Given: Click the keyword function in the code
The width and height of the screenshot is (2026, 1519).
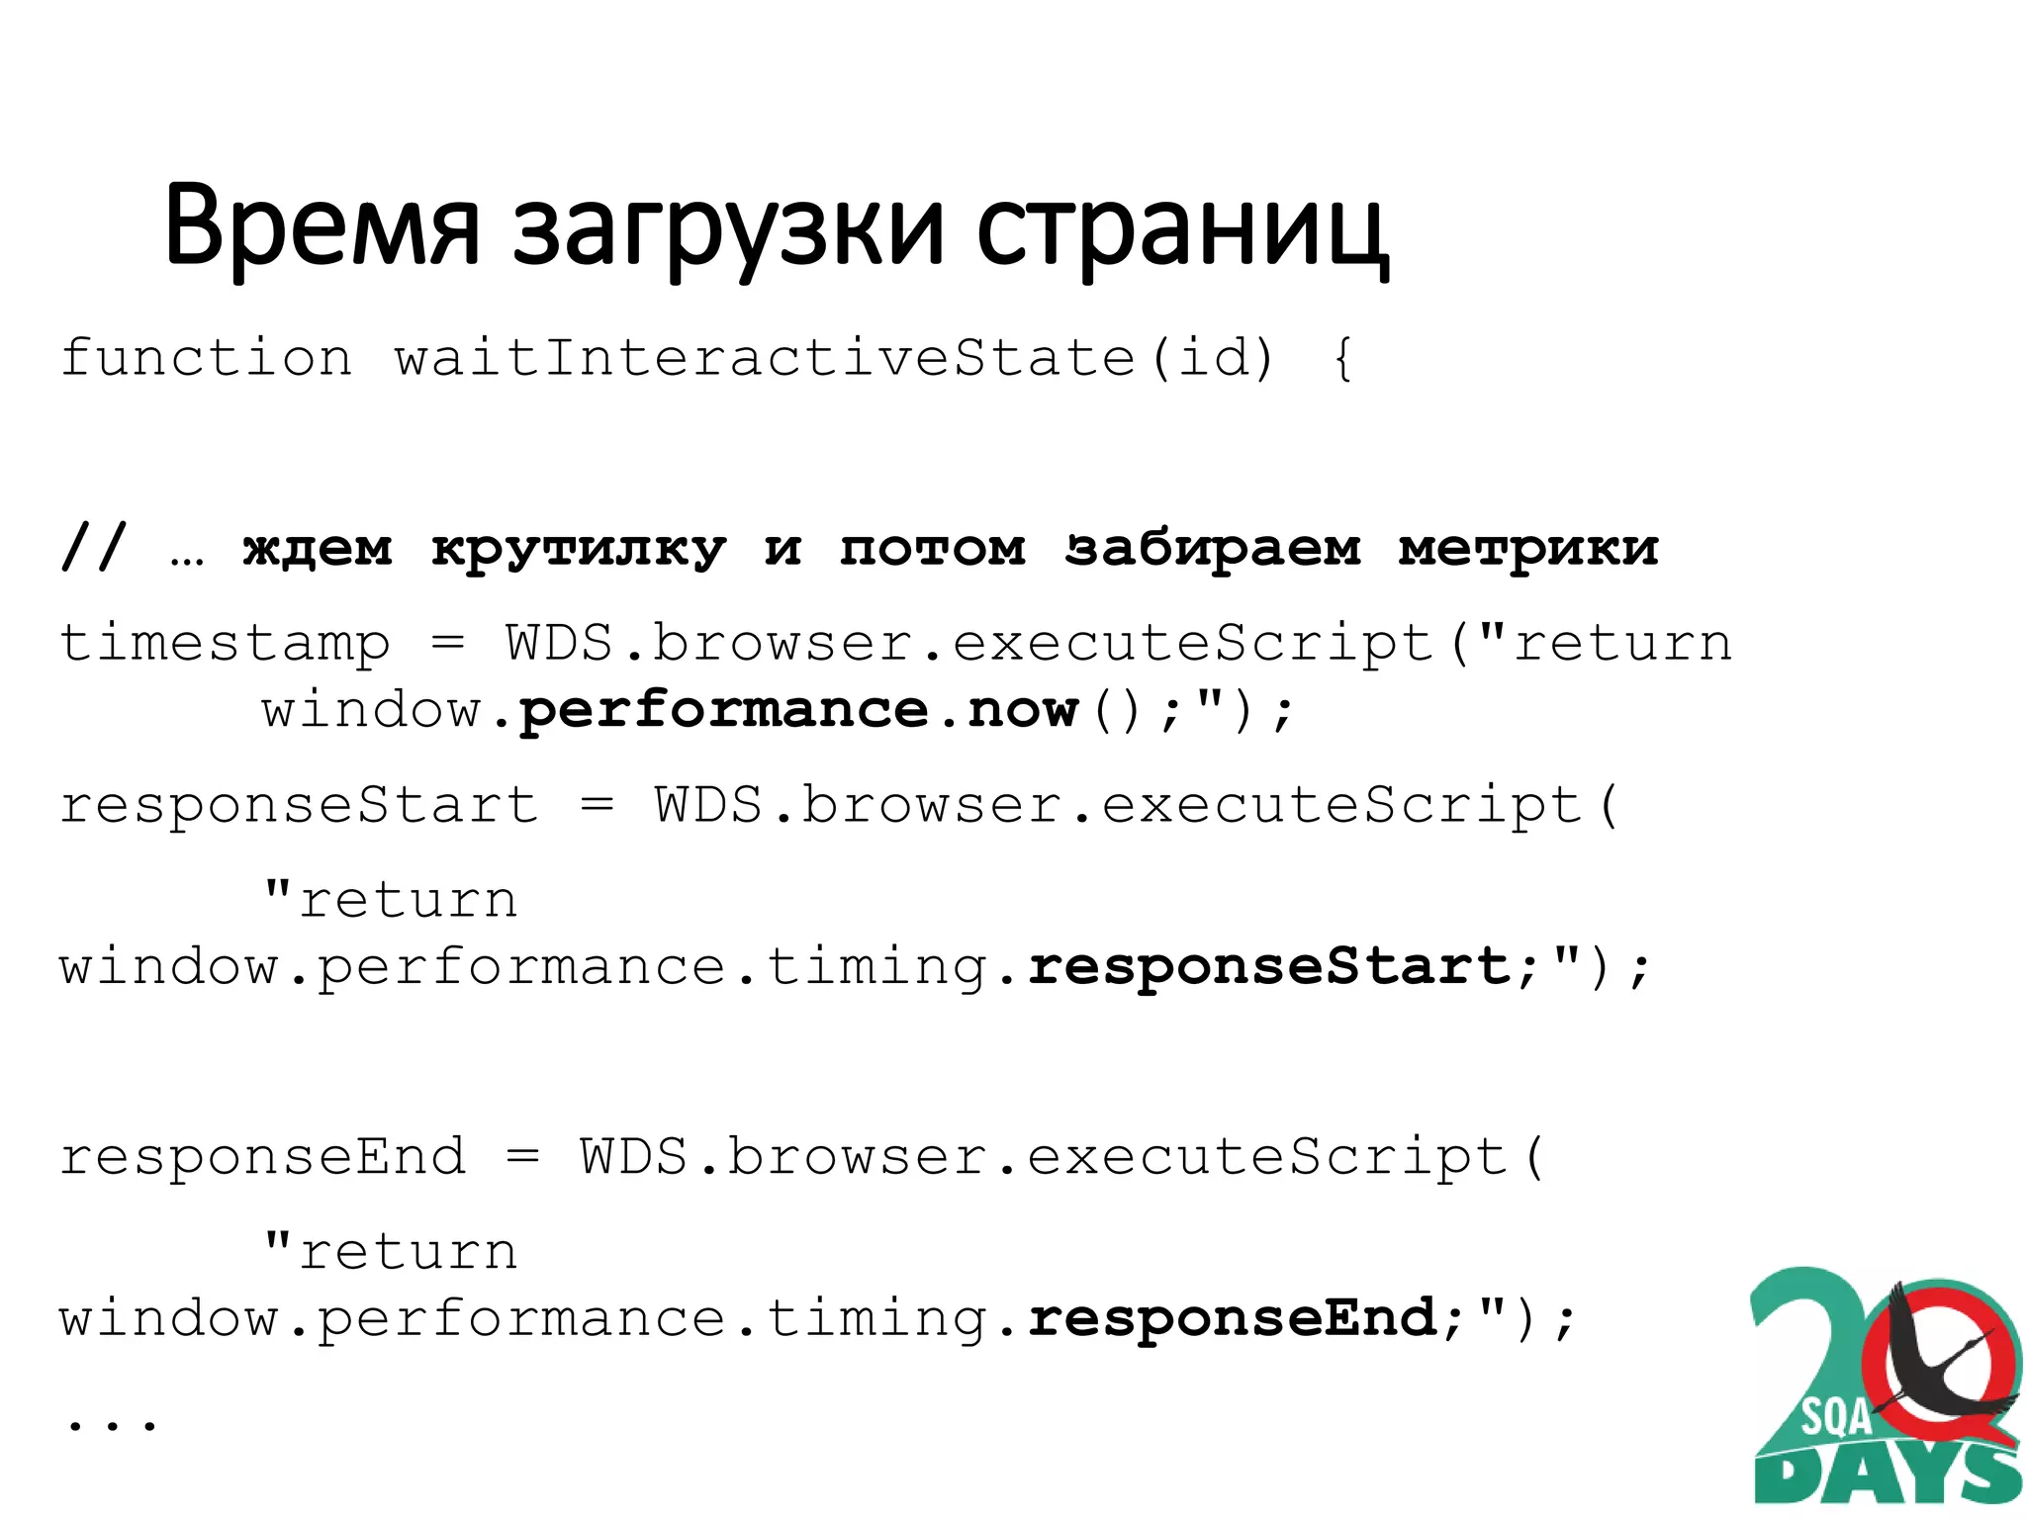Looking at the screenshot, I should coord(206,357).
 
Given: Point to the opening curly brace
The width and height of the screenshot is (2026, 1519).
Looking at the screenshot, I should coord(1341,358).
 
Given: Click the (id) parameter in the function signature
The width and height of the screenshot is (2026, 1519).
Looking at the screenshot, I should coord(1212,357).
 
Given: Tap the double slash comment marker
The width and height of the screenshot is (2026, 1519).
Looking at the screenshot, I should coord(94,547).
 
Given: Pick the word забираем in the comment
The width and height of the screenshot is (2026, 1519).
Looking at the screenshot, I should coord(1213,548).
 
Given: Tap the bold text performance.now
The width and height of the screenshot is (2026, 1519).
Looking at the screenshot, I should coord(797,710).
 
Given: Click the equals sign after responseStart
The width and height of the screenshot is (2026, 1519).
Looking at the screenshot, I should coord(597,803).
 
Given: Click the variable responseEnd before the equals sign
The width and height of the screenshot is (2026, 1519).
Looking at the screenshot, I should coord(262,1156).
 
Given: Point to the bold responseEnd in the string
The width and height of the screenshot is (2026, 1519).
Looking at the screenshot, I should coord(1233,1318).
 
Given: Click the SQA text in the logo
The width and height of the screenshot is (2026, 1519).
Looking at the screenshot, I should coord(1835,1417).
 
